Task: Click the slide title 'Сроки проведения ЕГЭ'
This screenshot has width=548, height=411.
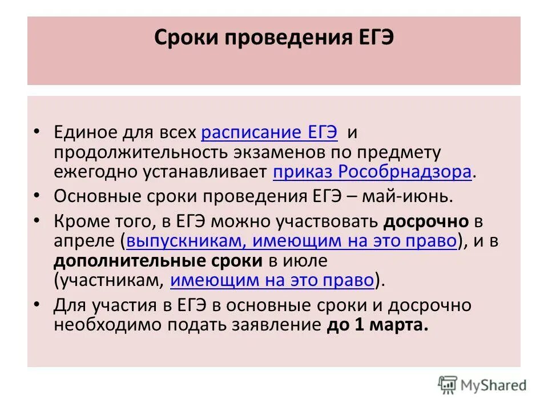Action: [274, 41]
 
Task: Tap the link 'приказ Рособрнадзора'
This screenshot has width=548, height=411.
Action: [372, 172]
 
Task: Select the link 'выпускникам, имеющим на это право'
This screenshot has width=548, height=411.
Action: [291, 241]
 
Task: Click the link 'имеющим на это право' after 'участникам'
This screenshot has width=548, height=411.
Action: [272, 280]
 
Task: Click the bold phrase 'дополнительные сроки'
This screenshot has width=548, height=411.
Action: [158, 260]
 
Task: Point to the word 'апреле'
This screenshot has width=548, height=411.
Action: [85, 241]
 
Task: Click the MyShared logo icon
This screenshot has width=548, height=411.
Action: [448, 385]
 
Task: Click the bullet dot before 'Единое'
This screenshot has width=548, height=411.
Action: [37, 131]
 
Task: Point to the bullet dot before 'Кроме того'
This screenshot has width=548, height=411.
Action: [37, 220]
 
